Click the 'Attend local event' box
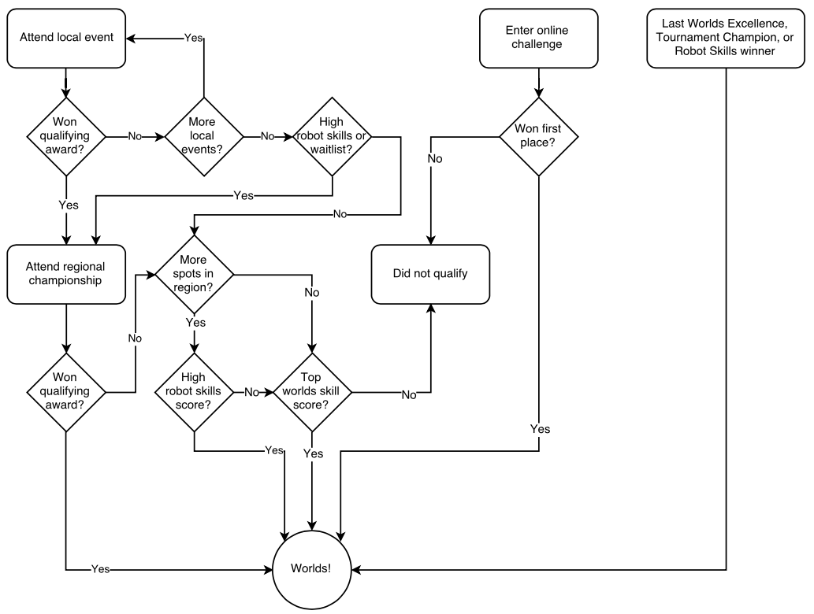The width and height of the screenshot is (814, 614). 66,38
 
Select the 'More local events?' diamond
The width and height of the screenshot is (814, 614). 203,136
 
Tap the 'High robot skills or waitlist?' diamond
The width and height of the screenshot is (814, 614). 332,136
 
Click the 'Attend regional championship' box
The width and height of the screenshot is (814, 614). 66,274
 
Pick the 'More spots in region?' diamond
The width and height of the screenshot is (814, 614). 194,274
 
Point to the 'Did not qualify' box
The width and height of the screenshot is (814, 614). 430,274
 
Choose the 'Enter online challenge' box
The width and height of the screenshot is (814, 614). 538,38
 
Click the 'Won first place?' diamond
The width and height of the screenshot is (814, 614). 538,136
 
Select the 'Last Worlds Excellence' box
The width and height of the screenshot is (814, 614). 725,38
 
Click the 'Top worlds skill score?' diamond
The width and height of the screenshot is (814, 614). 313,391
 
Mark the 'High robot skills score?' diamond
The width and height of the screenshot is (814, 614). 194,391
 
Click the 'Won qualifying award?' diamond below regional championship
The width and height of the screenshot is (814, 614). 66,391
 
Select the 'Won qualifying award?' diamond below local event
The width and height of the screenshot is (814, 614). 66,136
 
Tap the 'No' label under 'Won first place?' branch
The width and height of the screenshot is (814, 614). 435,159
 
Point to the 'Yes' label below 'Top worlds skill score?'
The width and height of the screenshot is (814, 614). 313,454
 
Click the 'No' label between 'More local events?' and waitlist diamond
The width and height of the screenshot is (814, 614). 267,136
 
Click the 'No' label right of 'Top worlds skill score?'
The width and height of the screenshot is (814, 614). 409,395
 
